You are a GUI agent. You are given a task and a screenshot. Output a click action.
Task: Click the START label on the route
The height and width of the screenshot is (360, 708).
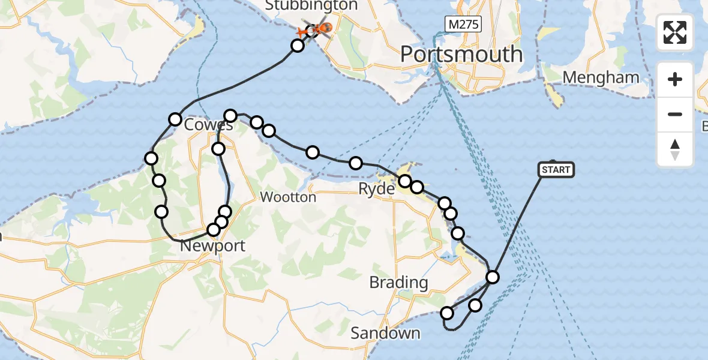[556, 170]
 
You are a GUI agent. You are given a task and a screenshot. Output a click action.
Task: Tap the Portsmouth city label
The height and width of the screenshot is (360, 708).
[461, 55]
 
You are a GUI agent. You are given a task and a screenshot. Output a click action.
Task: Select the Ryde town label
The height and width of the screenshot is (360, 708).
[376, 190]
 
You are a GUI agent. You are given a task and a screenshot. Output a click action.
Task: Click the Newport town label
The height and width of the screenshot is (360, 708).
[212, 246]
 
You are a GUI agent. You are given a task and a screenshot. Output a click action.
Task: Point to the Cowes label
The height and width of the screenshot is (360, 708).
[208, 125]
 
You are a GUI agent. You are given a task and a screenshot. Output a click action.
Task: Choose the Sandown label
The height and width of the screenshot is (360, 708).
[385, 333]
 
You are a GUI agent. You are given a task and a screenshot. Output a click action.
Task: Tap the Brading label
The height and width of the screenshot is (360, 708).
[398, 282]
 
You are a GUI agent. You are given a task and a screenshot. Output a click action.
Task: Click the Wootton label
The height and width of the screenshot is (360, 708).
[288, 197]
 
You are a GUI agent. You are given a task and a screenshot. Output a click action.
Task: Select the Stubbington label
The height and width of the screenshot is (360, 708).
[311, 6]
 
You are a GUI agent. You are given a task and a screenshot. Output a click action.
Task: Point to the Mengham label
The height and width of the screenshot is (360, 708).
[601, 77]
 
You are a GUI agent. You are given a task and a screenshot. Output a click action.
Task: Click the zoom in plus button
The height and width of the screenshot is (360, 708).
[675, 79]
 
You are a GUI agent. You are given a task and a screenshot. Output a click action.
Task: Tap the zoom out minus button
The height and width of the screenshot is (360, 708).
[675, 114]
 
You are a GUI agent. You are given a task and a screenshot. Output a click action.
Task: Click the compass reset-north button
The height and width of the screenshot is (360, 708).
[675, 149]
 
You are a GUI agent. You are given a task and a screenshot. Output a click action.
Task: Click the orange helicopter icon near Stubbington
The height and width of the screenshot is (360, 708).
[325, 28]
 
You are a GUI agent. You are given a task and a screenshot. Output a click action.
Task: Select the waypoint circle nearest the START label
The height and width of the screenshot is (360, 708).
[493, 277]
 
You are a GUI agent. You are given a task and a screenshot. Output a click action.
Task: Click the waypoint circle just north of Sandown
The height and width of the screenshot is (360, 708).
[447, 313]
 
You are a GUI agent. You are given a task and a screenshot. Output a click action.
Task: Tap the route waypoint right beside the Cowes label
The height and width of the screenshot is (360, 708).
[175, 119]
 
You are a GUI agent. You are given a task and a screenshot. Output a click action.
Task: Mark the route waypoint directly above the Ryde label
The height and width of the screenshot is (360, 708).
[404, 181]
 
